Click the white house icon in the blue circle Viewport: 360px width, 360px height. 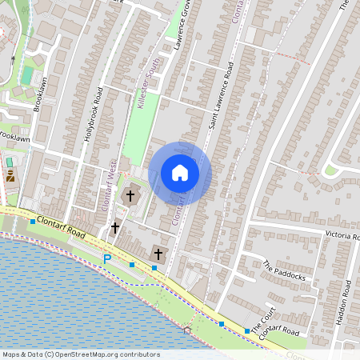(x=179, y=172)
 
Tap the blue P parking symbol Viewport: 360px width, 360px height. (x=107, y=258)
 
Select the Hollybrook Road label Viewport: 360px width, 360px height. (x=93, y=114)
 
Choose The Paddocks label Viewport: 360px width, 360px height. (x=284, y=274)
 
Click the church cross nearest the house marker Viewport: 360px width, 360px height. (x=130, y=195)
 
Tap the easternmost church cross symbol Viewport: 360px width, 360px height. (x=158, y=255)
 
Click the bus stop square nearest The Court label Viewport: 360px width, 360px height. (x=246, y=330)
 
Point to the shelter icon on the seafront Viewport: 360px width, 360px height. (x=187, y=329)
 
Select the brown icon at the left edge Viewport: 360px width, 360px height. (x=10, y=175)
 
